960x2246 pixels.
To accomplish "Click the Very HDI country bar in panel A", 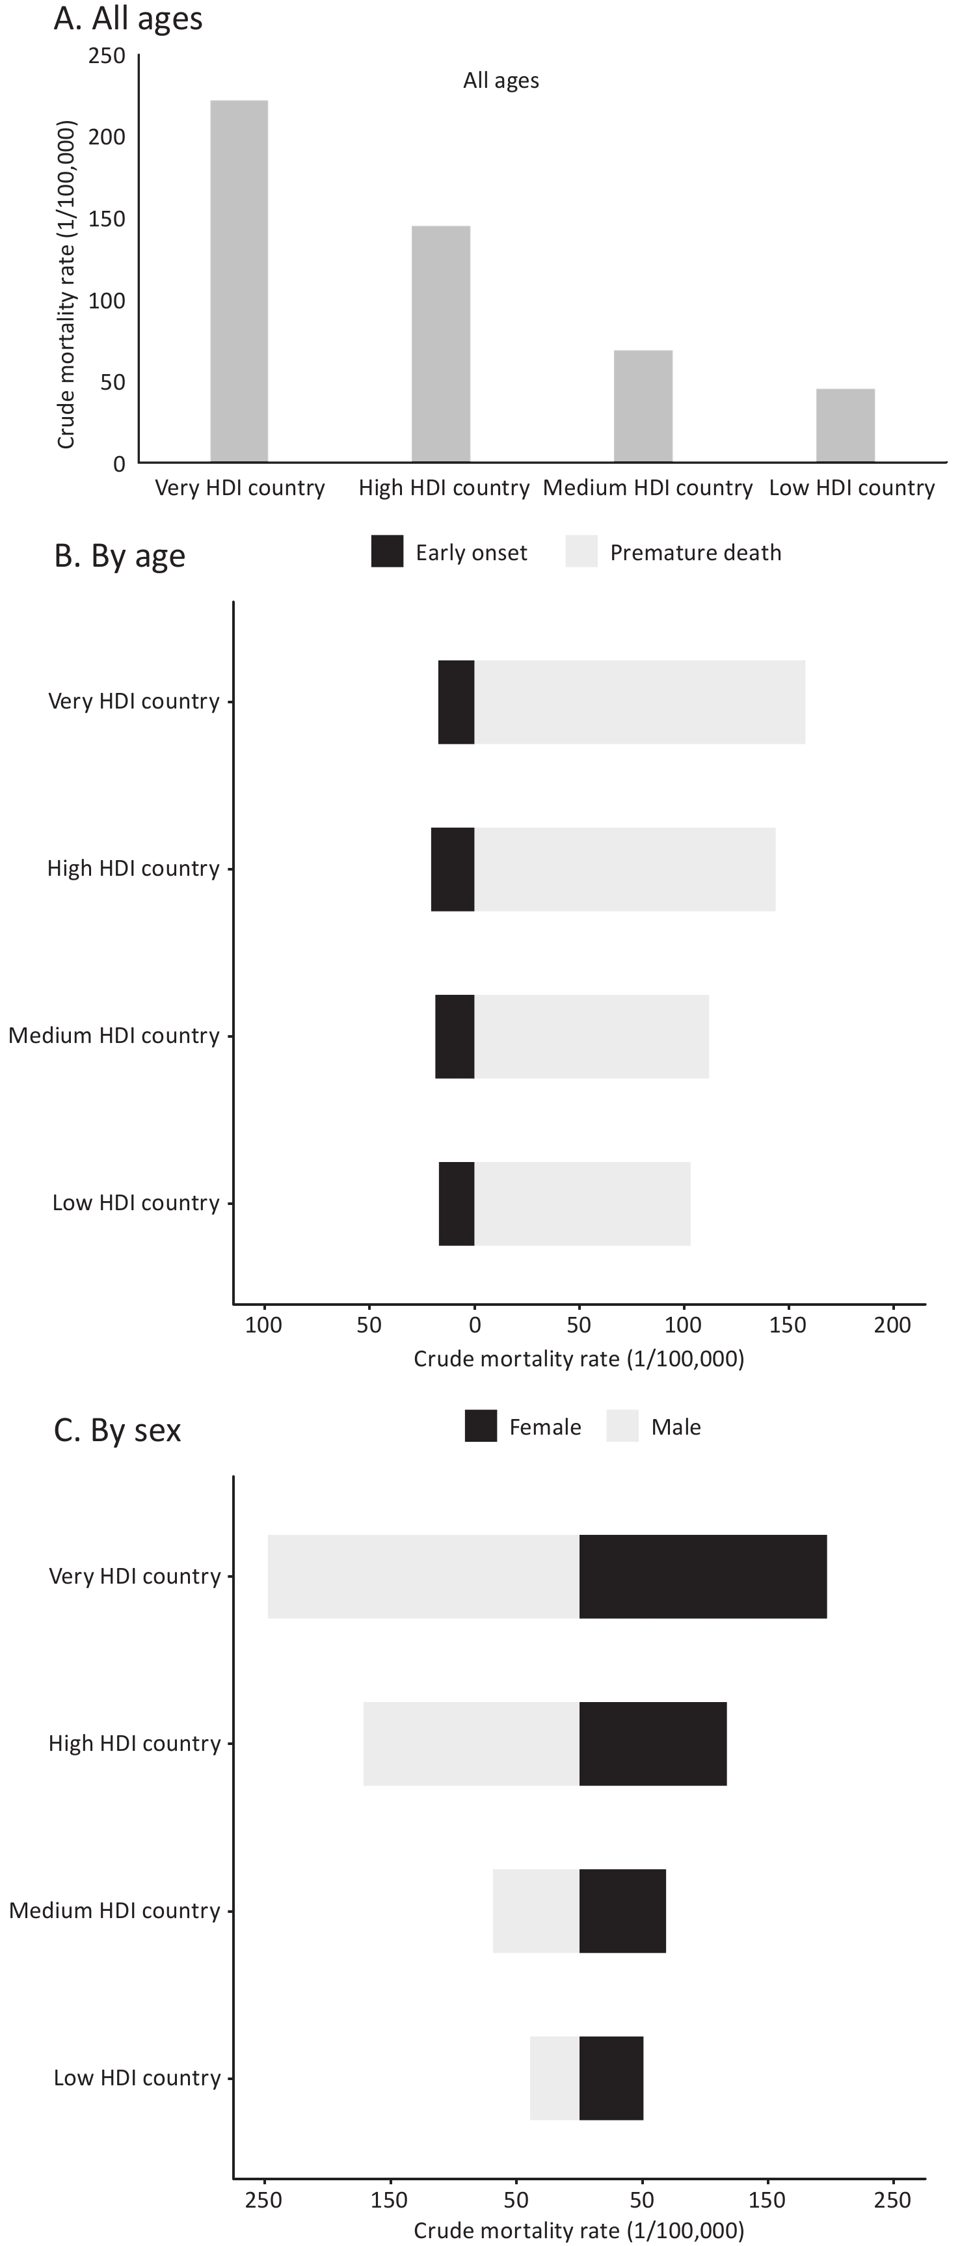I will point(239,281).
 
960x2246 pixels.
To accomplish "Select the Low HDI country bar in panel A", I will point(845,425).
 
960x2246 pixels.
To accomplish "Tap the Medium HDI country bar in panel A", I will point(643,405).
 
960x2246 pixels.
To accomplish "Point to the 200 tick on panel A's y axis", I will point(107,137).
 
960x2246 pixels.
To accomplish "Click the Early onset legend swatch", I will point(387,552).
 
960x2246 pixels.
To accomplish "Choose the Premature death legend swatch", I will point(581,552).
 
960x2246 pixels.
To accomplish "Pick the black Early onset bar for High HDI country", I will point(453,869).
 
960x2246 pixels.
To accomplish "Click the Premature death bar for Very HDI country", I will point(639,702).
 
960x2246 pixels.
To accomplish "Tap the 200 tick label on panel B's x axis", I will point(892,1325).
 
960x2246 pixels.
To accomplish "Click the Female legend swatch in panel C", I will point(481,1426).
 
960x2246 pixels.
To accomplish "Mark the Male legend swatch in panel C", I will point(622,1426).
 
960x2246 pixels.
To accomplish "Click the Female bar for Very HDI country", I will point(703,1576).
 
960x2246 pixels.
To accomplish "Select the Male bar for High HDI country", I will point(471,1744).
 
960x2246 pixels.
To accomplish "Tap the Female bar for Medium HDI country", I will point(622,1911).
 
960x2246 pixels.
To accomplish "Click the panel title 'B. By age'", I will point(120,556).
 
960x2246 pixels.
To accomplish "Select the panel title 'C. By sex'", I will point(118,1431).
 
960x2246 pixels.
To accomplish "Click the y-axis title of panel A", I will point(66,285).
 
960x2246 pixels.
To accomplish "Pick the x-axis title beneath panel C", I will point(579,2230).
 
